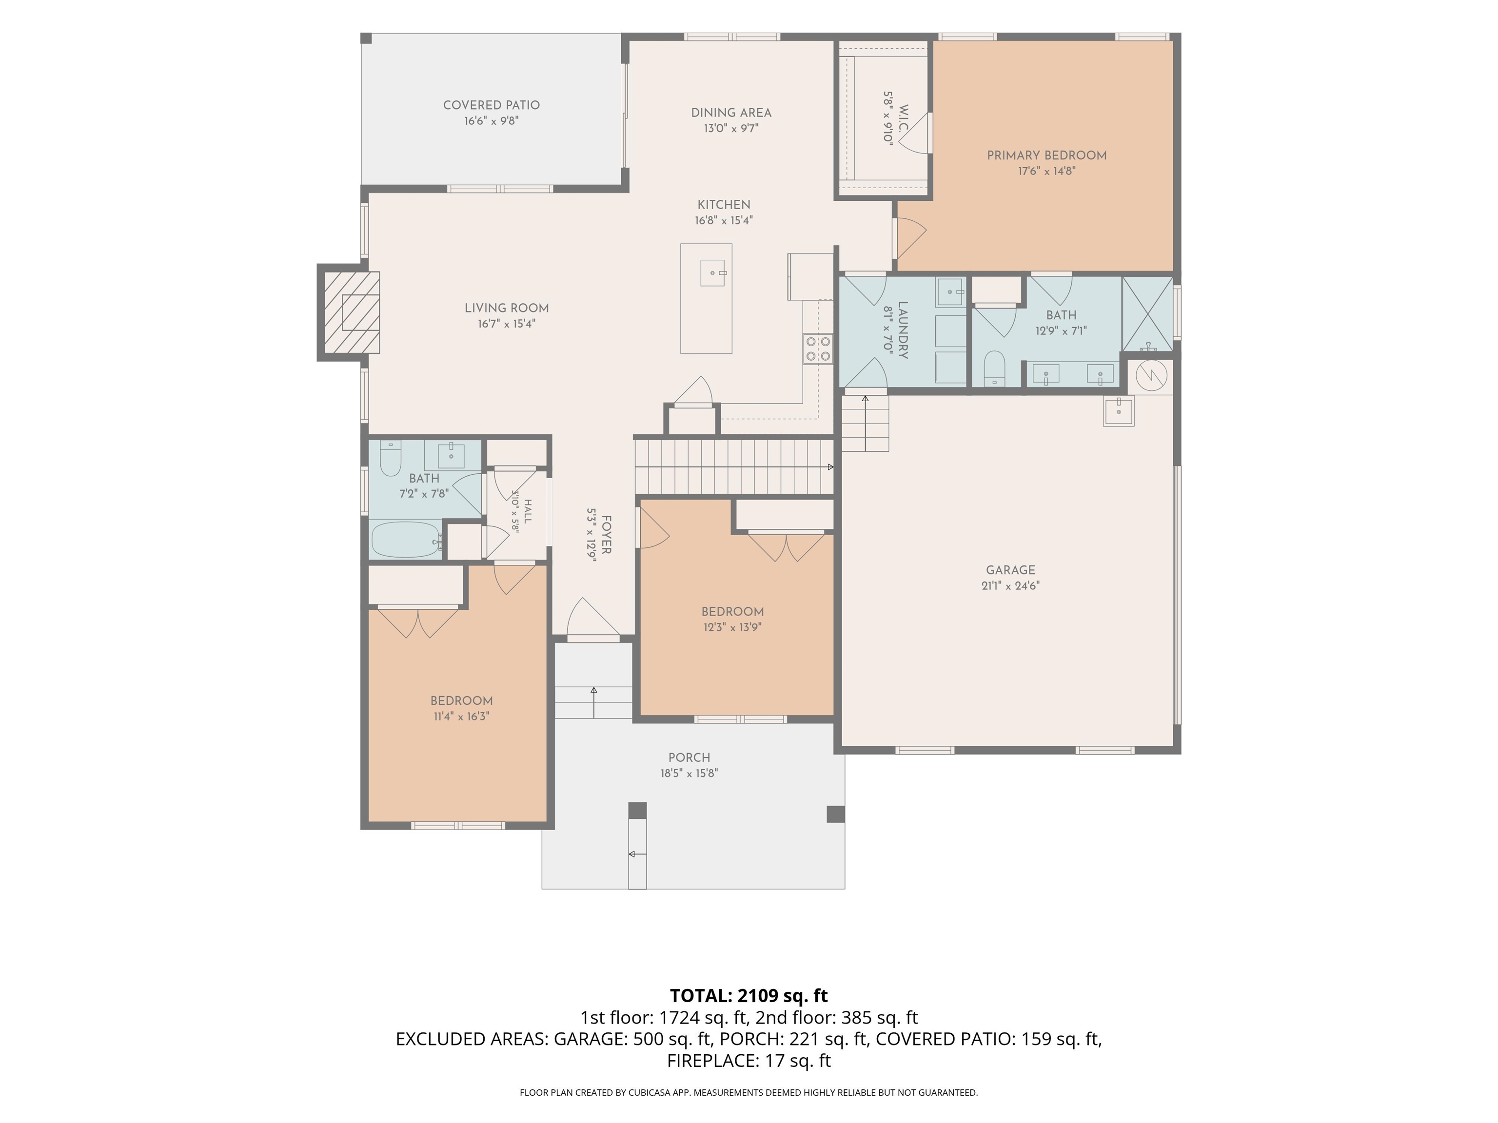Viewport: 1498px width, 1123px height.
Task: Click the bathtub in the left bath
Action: (x=406, y=540)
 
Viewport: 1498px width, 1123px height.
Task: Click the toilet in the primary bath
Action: (x=994, y=368)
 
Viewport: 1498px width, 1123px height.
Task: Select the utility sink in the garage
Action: (x=1119, y=411)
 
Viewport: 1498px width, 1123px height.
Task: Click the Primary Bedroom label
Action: (x=1046, y=155)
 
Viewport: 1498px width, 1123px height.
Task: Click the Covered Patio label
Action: (x=492, y=105)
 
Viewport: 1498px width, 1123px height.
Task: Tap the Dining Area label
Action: (x=731, y=113)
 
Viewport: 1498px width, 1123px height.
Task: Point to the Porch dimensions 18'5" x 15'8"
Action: (x=690, y=773)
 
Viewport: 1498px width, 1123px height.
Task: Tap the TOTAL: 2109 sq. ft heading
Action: (x=749, y=996)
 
